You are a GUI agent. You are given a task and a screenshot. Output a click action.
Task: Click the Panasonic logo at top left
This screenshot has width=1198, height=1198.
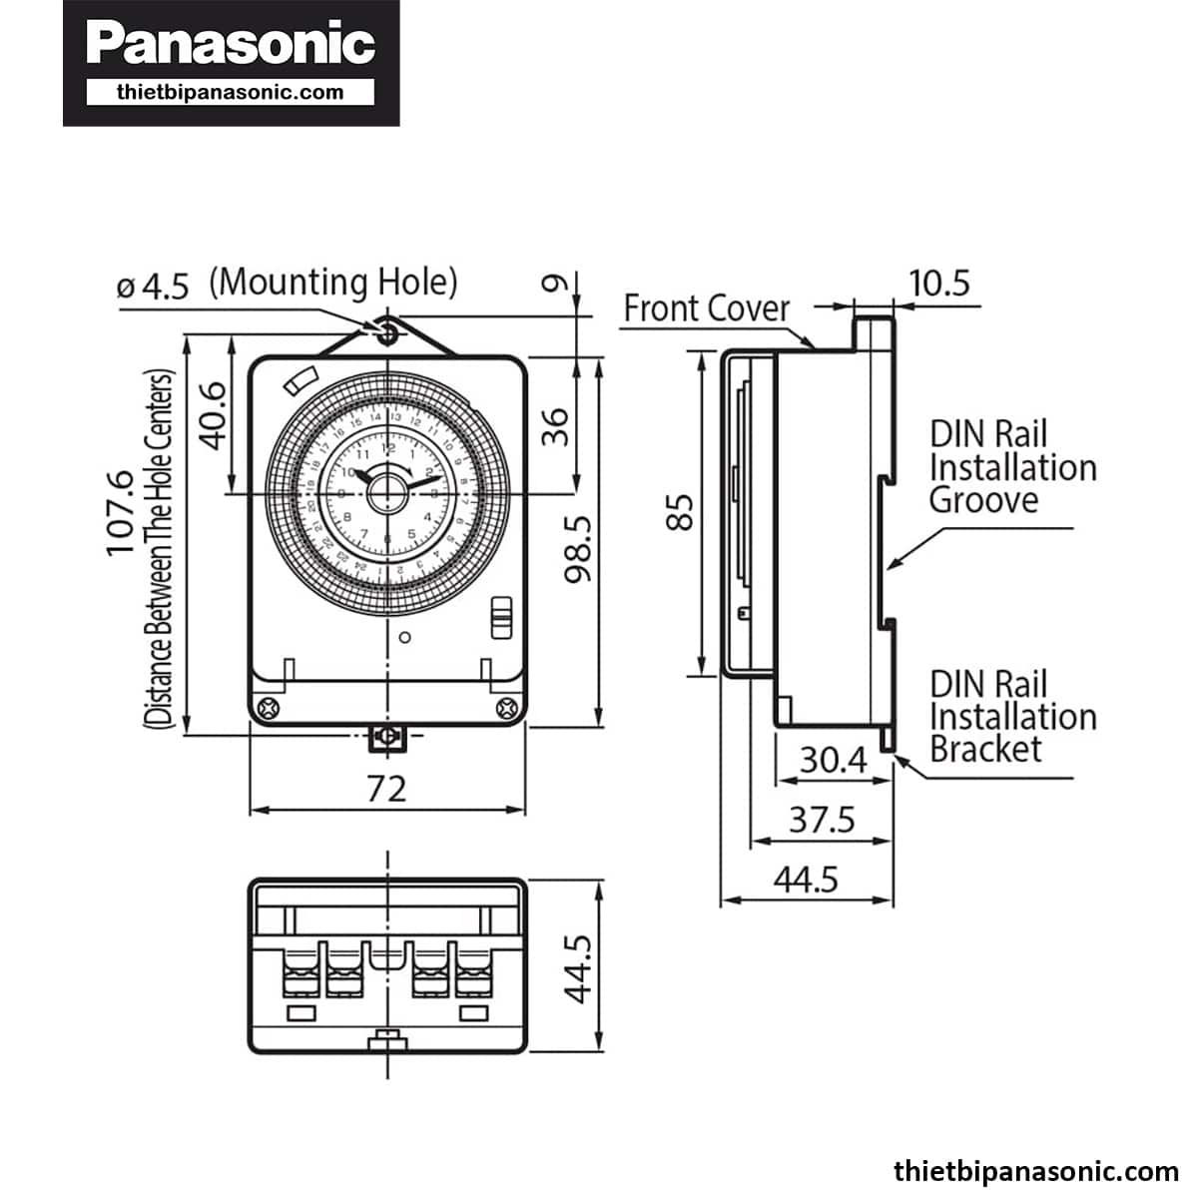pyautogui.click(x=231, y=45)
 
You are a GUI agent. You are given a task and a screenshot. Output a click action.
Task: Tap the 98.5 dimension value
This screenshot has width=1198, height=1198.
pyautogui.click(x=577, y=546)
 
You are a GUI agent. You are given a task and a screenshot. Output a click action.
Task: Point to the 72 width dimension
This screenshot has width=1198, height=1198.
pyautogui.click(x=386, y=789)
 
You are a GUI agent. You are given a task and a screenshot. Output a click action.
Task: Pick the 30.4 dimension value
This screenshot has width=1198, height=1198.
pyautogui.click(x=834, y=761)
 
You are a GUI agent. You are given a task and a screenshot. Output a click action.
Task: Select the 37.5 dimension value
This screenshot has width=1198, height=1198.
pyautogui.click(x=822, y=820)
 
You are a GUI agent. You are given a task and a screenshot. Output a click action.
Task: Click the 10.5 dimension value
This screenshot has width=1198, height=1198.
pyautogui.click(x=939, y=284)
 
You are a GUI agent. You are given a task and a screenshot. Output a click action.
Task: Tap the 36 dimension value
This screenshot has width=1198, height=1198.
pyautogui.click(x=555, y=426)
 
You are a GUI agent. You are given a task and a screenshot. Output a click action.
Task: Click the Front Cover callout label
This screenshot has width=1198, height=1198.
pyautogui.click(x=707, y=308)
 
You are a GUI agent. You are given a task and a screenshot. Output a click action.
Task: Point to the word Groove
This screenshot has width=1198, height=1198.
pyautogui.click(x=983, y=499)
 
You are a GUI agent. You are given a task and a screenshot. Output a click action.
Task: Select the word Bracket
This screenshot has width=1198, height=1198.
pyautogui.click(x=985, y=749)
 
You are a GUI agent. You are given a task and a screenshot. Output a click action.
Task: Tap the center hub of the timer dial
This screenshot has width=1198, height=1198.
pyautogui.click(x=387, y=492)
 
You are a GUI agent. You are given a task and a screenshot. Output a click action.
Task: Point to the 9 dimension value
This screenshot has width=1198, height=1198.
pyautogui.click(x=555, y=285)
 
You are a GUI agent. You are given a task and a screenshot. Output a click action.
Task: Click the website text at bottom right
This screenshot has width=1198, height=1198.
pyautogui.click(x=1035, y=1171)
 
